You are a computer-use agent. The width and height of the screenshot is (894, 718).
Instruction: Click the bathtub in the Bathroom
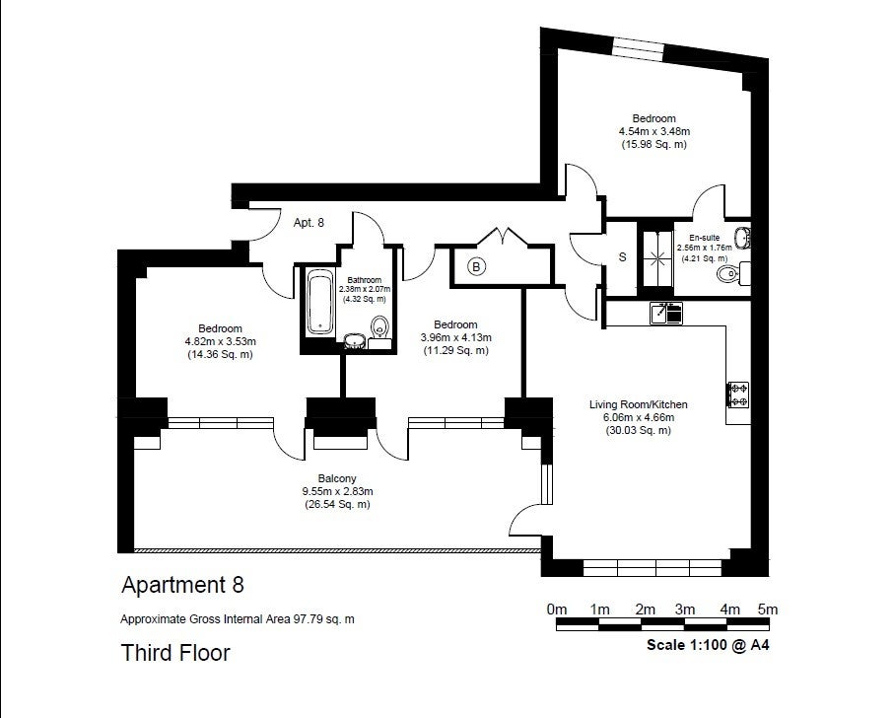click(x=320, y=302)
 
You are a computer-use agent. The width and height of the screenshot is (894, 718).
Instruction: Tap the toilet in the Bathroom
click(x=379, y=330)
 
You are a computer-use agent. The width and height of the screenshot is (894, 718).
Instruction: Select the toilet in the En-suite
click(x=732, y=274)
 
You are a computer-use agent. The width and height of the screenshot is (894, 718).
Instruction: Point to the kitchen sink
click(x=666, y=314)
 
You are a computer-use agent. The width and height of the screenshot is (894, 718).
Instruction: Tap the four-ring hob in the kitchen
click(x=738, y=395)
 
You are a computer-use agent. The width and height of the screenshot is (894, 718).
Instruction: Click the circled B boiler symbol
click(x=477, y=266)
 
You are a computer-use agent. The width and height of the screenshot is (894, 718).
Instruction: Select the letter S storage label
click(x=623, y=257)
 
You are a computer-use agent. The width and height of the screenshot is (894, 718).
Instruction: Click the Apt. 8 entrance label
click(x=309, y=223)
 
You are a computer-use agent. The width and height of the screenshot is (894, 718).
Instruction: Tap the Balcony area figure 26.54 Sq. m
click(x=337, y=504)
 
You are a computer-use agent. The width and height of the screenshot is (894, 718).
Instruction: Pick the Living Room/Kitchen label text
click(x=638, y=404)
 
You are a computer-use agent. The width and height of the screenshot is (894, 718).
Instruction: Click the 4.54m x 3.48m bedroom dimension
click(x=653, y=131)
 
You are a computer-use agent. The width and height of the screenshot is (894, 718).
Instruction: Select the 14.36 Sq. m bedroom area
click(x=220, y=354)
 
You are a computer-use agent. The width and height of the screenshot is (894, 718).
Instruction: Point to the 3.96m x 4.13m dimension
click(x=455, y=337)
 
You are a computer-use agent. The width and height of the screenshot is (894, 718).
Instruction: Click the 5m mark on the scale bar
click(x=768, y=610)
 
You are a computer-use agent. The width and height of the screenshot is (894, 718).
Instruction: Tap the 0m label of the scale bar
click(x=557, y=610)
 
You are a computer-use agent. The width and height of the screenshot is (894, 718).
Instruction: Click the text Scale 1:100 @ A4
click(x=708, y=645)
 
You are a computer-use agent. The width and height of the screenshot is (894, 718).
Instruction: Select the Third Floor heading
click(x=175, y=653)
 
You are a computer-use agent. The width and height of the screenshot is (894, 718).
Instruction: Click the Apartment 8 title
click(x=183, y=585)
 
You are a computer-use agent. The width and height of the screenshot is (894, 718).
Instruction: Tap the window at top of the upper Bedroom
click(x=639, y=46)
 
